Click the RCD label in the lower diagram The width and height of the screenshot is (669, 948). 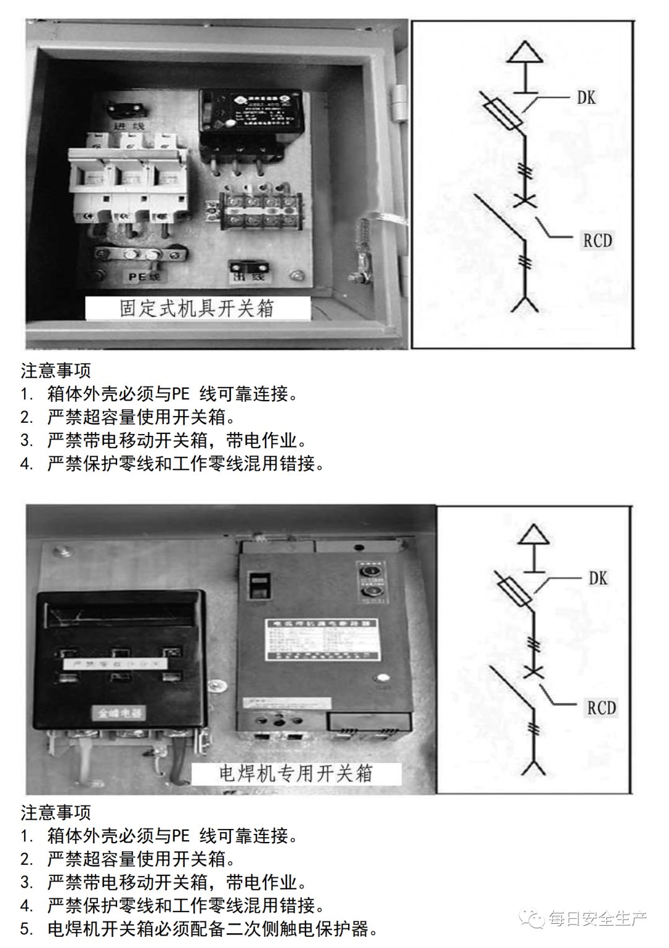pyautogui.click(x=601, y=707)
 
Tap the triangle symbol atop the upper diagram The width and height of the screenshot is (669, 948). pyautogui.click(x=525, y=52)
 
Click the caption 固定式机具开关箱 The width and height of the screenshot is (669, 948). pyautogui.click(x=197, y=308)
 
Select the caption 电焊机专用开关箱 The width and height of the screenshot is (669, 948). pyautogui.click(x=297, y=773)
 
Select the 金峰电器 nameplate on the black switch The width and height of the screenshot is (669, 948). pyautogui.click(x=118, y=713)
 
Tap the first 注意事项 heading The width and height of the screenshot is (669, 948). pyautogui.click(x=56, y=371)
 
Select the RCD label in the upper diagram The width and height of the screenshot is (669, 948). pyautogui.click(x=597, y=240)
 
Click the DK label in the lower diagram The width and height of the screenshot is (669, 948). pyautogui.click(x=598, y=578)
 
